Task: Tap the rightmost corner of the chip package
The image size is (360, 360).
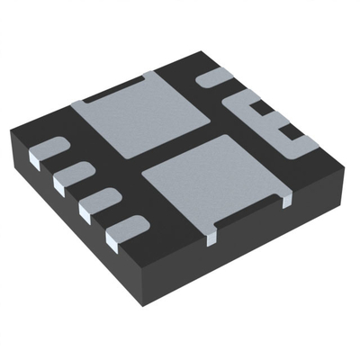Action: pos(346,162)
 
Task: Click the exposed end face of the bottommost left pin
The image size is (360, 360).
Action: pos(115,238)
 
